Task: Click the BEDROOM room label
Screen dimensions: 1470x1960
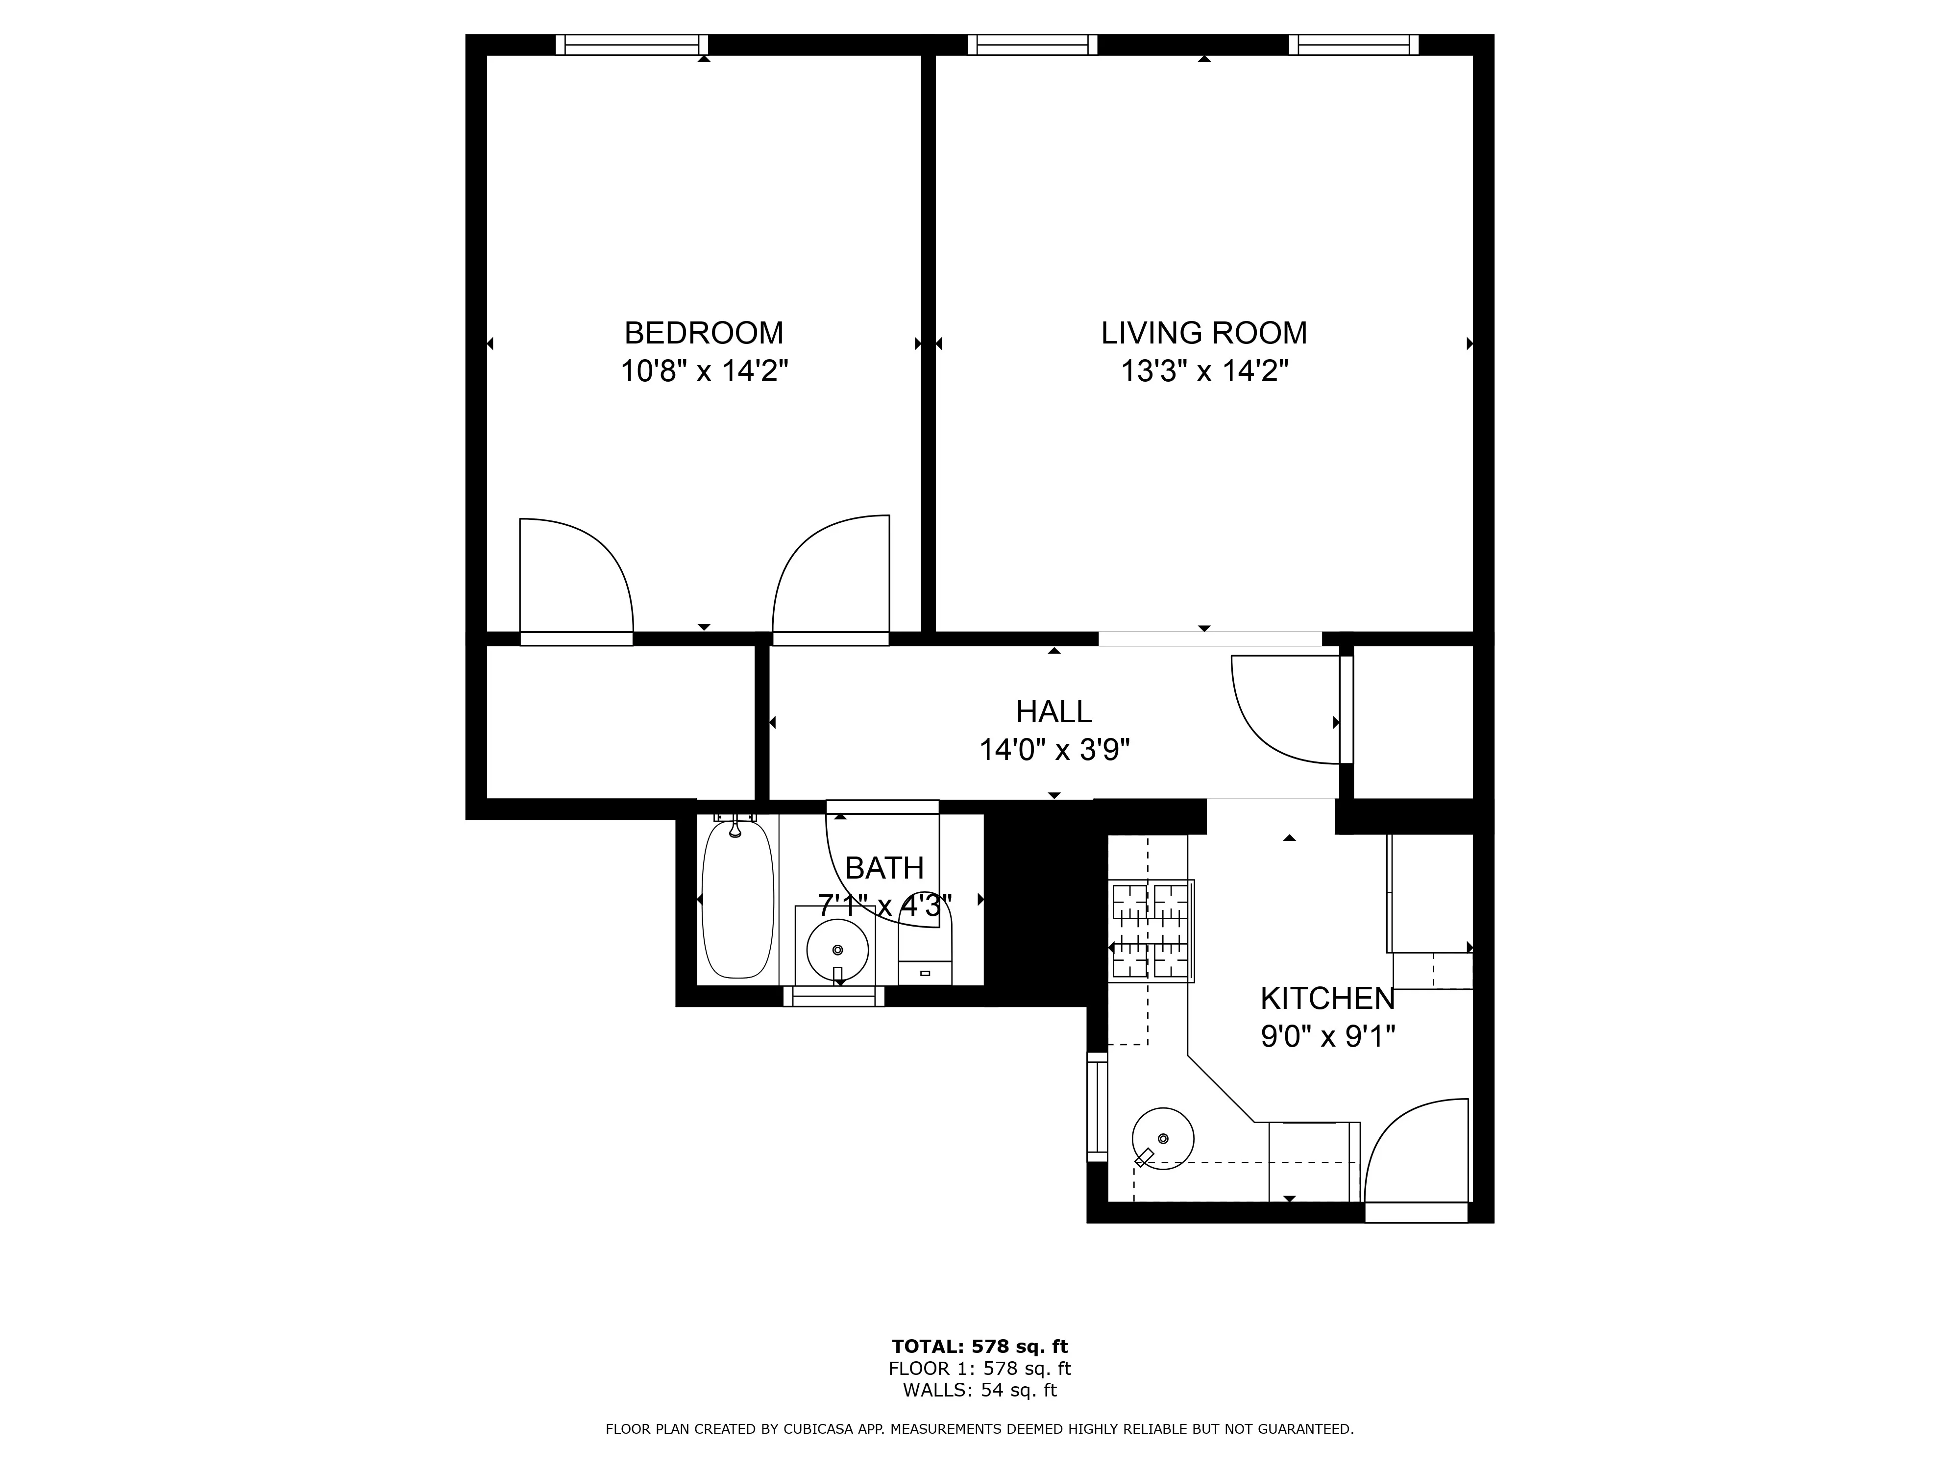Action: tap(704, 333)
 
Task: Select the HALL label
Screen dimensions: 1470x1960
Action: tap(1053, 711)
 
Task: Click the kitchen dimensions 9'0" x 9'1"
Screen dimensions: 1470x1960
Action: tap(1327, 1036)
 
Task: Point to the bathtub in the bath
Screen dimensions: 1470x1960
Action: tap(737, 899)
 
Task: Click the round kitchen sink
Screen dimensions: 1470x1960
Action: tap(1163, 1139)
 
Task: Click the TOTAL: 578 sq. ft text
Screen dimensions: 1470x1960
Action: tap(979, 1347)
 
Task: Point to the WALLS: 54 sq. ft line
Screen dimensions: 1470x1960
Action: tap(979, 1390)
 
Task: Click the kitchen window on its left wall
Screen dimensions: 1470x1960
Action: tap(1097, 1107)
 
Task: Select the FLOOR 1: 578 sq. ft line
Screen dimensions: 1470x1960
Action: tap(979, 1369)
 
